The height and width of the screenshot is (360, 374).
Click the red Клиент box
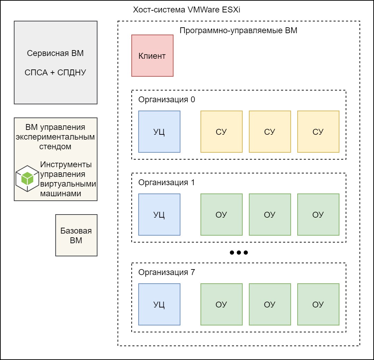coord(152,56)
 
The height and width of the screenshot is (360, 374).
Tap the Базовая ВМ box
coord(76,235)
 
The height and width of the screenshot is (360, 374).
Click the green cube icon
coord(27,178)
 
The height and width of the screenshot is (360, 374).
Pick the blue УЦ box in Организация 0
coord(159,132)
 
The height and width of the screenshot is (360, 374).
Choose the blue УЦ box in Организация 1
coord(159,215)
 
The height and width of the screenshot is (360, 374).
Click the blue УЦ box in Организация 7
coord(159,304)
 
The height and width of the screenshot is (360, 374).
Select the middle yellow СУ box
coord(270,132)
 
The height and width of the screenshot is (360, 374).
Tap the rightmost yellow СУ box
coord(318,132)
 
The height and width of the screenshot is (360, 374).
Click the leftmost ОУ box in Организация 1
coord(221,215)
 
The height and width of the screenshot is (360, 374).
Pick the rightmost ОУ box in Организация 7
coord(318,304)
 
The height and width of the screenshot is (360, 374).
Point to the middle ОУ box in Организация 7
coord(270,304)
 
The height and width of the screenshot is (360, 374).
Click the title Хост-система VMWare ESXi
coord(187,10)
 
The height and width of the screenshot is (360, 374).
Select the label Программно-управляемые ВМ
coord(239,30)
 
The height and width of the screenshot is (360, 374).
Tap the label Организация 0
coord(167,100)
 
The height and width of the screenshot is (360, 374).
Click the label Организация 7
coord(167,272)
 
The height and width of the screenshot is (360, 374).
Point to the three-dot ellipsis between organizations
coord(239,253)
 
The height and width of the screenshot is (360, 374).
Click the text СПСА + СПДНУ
coord(55,73)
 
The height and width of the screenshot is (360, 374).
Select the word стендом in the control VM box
coord(55,146)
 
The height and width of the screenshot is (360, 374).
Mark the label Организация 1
coord(167,182)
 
